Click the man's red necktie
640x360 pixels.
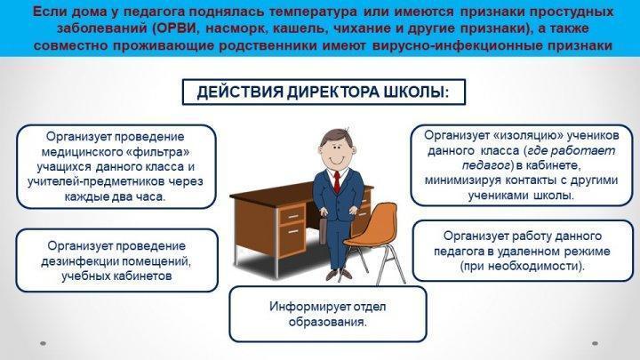[337, 181]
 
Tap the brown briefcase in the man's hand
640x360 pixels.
[323, 230]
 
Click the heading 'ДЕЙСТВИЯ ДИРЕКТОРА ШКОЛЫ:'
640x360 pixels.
[323, 92]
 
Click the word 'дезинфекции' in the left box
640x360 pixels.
[80, 260]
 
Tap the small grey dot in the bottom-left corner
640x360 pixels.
[44, 343]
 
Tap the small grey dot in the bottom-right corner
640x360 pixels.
[595, 343]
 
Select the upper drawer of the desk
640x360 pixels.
[292, 215]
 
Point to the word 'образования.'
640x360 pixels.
[327, 322]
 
